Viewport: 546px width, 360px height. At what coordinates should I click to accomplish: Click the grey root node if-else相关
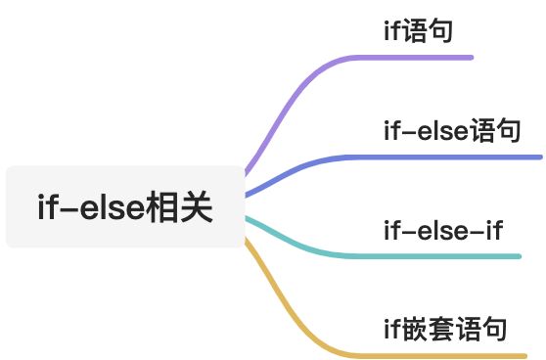pos(124,207)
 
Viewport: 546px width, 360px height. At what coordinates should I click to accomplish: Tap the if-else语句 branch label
pos(451,130)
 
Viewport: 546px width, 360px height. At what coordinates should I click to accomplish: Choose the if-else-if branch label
pos(443,232)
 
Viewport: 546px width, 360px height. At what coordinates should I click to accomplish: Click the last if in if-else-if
pos(493,232)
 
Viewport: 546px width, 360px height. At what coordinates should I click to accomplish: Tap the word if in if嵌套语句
pos(391,328)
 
